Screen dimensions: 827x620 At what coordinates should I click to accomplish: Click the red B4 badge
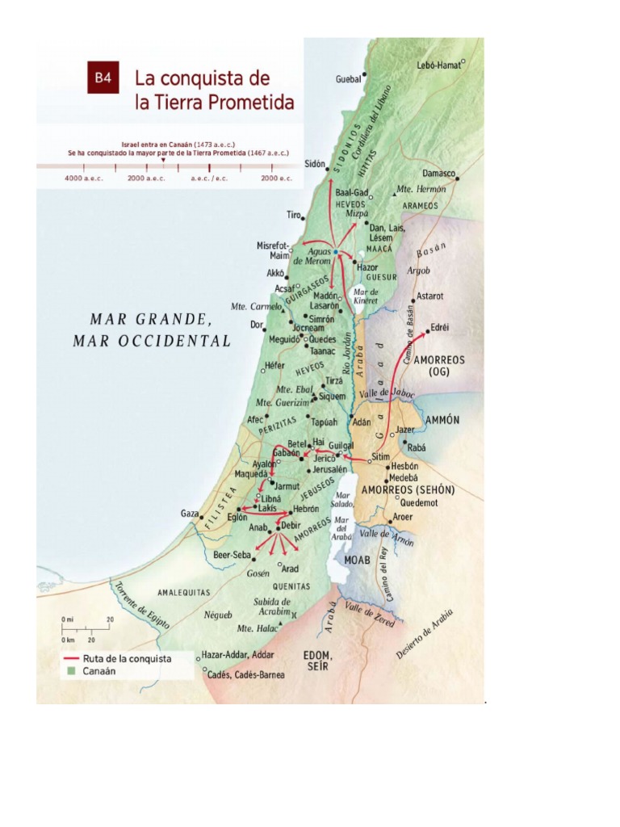(x=103, y=78)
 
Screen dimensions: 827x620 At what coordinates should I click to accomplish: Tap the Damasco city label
(x=438, y=174)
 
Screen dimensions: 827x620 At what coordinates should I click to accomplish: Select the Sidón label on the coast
(x=314, y=163)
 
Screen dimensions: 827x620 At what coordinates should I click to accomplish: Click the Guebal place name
(x=348, y=79)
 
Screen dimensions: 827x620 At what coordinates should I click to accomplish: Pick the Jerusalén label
(x=329, y=469)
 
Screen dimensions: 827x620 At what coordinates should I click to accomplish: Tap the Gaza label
(x=189, y=514)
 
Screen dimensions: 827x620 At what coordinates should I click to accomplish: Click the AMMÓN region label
(x=442, y=420)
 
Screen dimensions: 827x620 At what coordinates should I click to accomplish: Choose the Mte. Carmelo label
(x=256, y=307)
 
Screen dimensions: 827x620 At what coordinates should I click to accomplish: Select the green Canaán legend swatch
(x=71, y=671)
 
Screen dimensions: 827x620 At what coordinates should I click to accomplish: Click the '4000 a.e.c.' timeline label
(x=84, y=178)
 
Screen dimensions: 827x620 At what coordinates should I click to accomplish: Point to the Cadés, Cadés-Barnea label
(x=245, y=674)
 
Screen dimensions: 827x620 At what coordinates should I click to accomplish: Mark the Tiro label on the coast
(x=293, y=215)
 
